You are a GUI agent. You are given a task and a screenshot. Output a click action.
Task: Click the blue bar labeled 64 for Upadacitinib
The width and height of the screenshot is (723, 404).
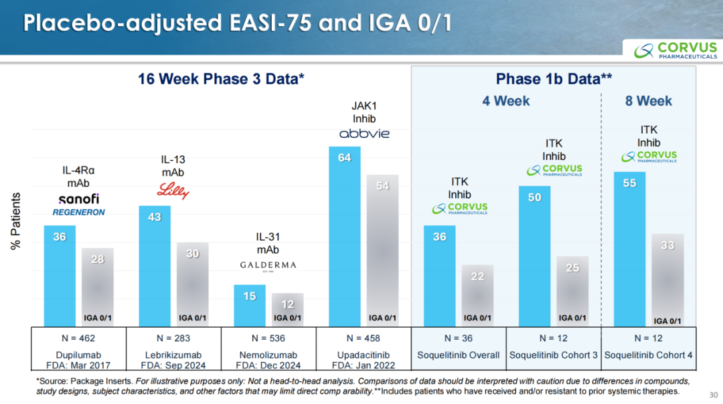(345, 237)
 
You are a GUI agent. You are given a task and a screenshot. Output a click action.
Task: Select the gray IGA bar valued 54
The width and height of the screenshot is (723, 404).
(382, 251)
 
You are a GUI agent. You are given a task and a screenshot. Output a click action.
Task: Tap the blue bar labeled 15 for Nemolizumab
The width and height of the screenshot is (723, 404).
(250, 306)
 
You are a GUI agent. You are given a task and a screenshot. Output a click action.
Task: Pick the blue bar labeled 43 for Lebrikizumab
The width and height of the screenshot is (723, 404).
(155, 266)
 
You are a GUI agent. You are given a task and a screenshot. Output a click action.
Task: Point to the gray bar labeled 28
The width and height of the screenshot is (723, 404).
(97, 288)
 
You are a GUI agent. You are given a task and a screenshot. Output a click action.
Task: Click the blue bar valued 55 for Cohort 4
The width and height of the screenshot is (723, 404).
(629, 249)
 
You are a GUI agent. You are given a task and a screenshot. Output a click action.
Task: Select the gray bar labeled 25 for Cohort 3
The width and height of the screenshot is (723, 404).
(572, 292)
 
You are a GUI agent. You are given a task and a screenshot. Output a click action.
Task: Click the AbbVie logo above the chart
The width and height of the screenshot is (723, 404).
(364, 134)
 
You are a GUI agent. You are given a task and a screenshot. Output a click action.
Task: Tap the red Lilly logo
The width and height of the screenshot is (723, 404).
(173, 190)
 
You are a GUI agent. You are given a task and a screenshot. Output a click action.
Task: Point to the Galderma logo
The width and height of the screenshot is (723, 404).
(268, 266)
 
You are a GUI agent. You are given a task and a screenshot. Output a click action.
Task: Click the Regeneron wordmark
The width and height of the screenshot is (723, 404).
(78, 212)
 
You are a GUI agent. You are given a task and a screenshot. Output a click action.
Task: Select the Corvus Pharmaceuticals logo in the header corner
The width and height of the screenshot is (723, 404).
(675, 50)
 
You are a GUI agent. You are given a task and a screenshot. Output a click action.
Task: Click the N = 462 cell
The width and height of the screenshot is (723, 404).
(78, 338)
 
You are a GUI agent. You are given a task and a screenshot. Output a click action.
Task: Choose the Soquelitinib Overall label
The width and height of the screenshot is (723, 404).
(459, 355)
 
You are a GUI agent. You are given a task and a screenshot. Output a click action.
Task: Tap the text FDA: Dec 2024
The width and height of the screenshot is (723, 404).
(268, 365)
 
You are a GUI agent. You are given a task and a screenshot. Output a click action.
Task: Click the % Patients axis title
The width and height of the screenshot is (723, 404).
(15, 221)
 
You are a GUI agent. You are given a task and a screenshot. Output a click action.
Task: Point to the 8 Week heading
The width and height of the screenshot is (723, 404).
(648, 101)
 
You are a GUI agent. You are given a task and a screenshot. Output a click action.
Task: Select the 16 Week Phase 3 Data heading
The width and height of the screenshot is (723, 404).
(221, 79)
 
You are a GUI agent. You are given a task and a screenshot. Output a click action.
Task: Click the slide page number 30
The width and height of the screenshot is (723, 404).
(714, 395)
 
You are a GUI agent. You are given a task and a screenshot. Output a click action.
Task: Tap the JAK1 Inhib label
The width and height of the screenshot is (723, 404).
(364, 112)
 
